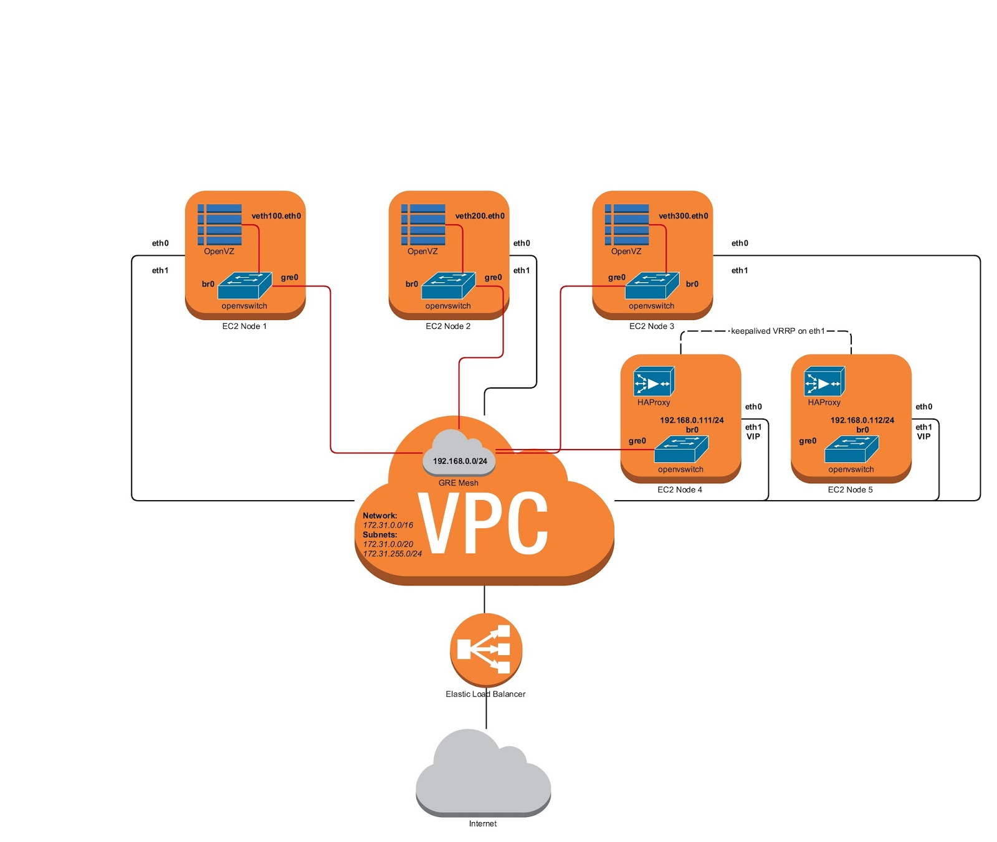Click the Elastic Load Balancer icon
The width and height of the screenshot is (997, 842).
(x=485, y=650)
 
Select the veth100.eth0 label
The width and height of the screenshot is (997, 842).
(x=276, y=216)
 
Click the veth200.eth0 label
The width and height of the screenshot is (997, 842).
(x=480, y=216)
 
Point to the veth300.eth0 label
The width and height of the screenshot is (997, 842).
(x=684, y=216)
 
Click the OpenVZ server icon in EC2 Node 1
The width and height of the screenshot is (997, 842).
(x=219, y=225)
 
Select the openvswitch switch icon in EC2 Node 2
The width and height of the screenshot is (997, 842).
(x=448, y=285)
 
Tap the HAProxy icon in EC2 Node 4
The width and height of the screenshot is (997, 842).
(x=654, y=382)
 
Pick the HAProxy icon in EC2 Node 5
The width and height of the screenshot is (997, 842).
(x=824, y=382)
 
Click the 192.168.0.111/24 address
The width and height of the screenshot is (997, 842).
(x=692, y=420)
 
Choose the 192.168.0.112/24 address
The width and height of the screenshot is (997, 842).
(x=862, y=420)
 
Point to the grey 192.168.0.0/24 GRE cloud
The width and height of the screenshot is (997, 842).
(x=460, y=453)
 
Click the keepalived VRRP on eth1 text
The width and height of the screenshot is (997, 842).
(x=778, y=331)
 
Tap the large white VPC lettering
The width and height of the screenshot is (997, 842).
(x=483, y=523)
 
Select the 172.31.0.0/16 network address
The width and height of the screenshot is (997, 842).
(x=388, y=526)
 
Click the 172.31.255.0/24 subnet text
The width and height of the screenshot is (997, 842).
(x=392, y=554)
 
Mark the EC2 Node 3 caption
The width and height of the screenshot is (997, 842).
(x=652, y=326)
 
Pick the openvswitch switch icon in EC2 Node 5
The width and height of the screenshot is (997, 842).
(x=851, y=449)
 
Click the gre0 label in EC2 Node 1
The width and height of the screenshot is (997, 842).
(x=290, y=278)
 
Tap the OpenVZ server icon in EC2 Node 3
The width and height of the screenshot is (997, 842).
(x=627, y=225)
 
